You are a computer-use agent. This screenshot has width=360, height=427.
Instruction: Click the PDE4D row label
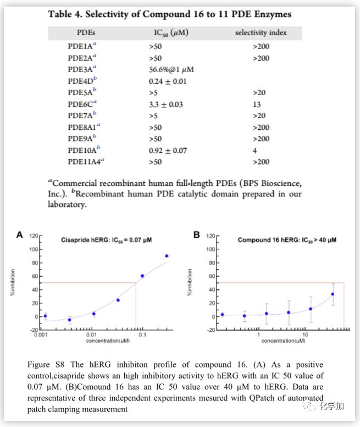pos(82,81)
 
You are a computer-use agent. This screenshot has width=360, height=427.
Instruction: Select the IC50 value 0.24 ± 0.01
pos(168,81)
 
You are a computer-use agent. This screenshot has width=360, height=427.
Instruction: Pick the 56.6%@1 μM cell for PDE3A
pos(171,69)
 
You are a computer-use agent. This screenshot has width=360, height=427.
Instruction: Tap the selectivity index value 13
pos(257,104)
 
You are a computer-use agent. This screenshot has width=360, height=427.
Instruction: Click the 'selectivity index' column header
pos(261,33)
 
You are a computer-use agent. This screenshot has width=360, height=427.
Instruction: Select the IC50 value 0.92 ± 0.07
pos(168,150)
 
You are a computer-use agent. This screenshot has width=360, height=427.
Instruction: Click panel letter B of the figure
pos(196,236)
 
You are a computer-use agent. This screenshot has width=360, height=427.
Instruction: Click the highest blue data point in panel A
pos(167,256)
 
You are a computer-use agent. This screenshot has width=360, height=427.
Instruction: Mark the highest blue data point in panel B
pos(333,294)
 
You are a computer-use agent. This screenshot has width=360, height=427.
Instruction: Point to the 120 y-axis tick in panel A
pos(32,236)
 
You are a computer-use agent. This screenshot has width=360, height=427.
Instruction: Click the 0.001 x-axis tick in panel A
pos(39,334)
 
